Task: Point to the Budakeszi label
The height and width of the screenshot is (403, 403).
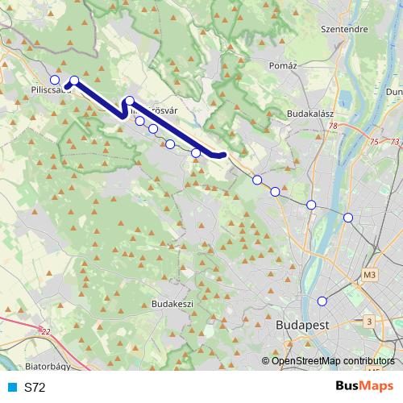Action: point(171,304)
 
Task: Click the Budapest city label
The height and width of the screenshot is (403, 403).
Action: point(304,325)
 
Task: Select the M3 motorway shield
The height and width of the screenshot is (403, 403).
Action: point(370,275)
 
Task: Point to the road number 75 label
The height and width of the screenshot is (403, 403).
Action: point(373,142)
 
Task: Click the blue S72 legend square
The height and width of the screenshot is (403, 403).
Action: point(12,388)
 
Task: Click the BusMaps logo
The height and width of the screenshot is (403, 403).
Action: point(364,387)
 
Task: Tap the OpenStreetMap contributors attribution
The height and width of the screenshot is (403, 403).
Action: point(333,361)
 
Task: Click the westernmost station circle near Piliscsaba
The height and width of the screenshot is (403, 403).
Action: point(55,80)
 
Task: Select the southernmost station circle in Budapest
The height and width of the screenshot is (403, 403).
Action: point(322,301)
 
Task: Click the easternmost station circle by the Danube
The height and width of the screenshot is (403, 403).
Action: point(348,218)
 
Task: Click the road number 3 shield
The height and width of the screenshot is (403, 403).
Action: point(368,322)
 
